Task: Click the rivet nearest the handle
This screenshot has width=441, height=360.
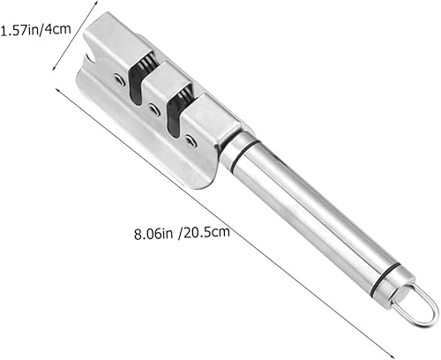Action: [x=191, y=139]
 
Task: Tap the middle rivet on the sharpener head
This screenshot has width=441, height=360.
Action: [x=154, y=110]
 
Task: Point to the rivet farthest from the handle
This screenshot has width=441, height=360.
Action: [x=120, y=80]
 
